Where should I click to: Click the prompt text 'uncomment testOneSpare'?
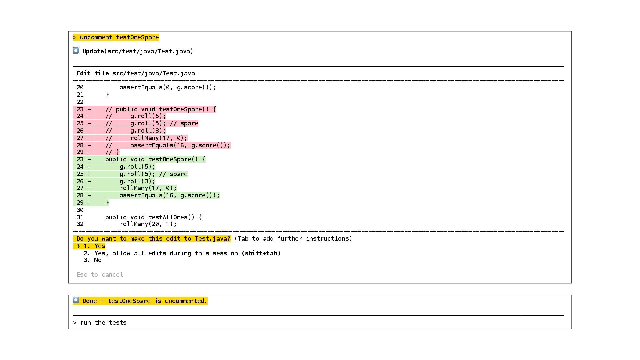tap(119, 37)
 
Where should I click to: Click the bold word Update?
tap(93, 51)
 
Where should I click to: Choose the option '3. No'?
tap(93, 260)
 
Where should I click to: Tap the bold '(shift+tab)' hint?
tap(261, 253)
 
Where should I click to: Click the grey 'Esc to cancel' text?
tap(100, 275)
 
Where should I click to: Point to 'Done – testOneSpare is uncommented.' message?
tap(145, 301)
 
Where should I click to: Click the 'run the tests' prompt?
tap(103, 323)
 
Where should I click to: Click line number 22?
tap(80, 102)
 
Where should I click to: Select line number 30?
tap(80, 210)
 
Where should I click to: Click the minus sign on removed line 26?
tap(89, 131)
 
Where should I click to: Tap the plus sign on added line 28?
tap(89, 195)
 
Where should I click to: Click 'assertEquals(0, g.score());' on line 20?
tap(168, 87)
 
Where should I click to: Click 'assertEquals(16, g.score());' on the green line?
tap(170, 195)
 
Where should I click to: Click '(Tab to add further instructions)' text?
tap(293, 239)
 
